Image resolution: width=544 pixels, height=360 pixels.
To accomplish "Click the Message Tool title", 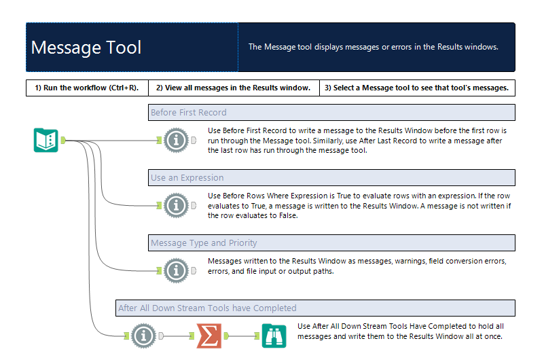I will [x=86, y=48].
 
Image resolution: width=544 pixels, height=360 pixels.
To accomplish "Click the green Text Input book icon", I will [x=46, y=140].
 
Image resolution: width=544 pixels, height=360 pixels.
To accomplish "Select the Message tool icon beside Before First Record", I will [x=177, y=140].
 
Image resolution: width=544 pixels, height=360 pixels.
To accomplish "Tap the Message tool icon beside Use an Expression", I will [x=177, y=204].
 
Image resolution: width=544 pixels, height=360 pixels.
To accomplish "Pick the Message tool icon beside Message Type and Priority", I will [x=177, y=270].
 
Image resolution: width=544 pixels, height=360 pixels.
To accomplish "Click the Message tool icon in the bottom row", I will [x=143, y=335].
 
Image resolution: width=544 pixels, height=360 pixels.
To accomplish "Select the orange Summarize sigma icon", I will [x=209, y=335].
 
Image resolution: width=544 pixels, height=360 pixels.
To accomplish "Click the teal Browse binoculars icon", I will [x=274, y=335].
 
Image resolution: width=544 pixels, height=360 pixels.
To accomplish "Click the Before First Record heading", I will [x=189, y=112].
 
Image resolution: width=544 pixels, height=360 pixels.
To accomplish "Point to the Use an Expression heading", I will [x=187, y=178].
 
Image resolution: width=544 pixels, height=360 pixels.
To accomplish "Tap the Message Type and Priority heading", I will [x=204, y=243].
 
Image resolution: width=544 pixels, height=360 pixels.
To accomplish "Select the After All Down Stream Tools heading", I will [x=207, y=308].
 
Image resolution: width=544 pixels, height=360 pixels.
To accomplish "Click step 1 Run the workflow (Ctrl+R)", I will [x=86, y=88].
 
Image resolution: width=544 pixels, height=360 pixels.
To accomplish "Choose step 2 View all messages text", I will [x=233, y=88].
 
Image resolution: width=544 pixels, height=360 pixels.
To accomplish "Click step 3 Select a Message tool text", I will [x=416, y=88].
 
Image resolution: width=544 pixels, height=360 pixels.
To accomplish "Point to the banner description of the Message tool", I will [x=374, y=48].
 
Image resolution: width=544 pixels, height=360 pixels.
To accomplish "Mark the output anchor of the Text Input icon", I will [x=62, y=140].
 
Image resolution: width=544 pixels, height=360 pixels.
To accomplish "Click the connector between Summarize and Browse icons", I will [x=242, y=335].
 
